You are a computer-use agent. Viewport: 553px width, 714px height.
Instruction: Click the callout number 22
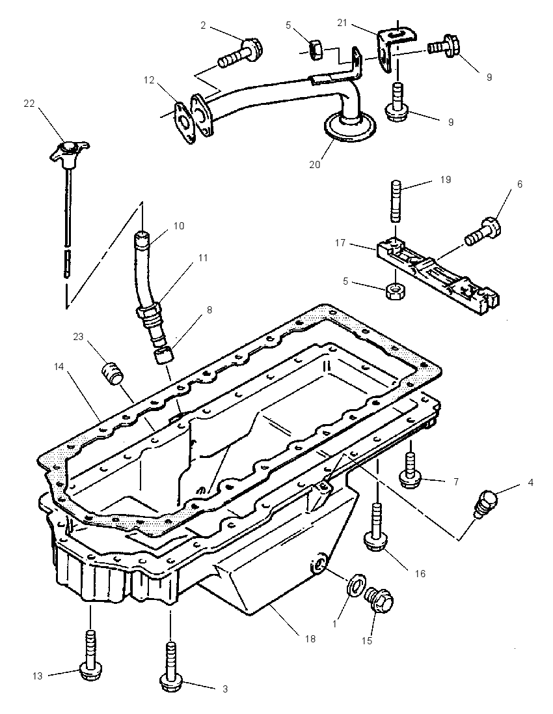coord(29,104)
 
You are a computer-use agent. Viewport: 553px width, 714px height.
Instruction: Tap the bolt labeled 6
coord(483,231)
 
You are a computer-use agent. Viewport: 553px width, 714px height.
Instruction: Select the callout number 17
coord(340,243)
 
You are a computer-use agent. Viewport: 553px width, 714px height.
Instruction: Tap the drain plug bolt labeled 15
coord(380,601)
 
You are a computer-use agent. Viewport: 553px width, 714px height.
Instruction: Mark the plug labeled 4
coord(486,502)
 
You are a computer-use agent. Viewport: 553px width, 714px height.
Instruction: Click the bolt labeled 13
coord(90,654)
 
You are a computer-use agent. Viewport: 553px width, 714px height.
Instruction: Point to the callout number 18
coord(310,639)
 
